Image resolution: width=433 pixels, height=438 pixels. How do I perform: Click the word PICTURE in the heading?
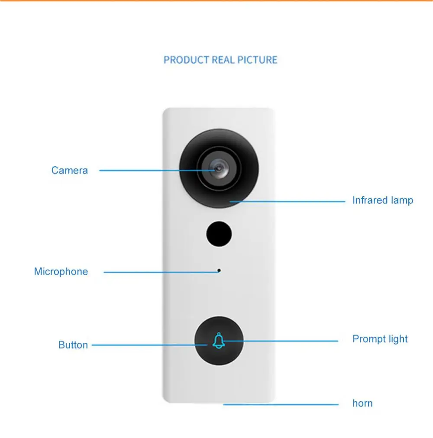pos(257,60)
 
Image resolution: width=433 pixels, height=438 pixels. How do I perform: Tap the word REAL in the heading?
pos(223,60)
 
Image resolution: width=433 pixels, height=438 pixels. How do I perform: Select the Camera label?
pos(70,171)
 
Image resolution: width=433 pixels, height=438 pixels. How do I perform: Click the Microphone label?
pos(61,271)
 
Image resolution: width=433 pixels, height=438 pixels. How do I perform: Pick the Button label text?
pos(73,345)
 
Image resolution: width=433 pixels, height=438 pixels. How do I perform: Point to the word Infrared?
pos(370,200)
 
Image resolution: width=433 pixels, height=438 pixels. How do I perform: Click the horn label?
pos(362,403)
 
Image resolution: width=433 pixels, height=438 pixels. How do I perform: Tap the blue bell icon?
pos(219,341)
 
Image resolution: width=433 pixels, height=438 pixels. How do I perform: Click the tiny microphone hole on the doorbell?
pos(219,271)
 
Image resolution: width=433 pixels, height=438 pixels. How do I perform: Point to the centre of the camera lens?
pos(219,168)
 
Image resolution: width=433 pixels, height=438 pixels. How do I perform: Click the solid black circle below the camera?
pos(219,234)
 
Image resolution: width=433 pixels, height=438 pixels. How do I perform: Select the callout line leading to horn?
pos(281,405)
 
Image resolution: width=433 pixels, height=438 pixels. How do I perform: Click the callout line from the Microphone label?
pos(161,272)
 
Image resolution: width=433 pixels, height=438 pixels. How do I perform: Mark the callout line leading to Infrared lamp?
pos(288,201)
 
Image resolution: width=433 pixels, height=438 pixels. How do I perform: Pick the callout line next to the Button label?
pos(149,345)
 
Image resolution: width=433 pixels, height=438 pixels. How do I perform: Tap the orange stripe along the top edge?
pos(216,0)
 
